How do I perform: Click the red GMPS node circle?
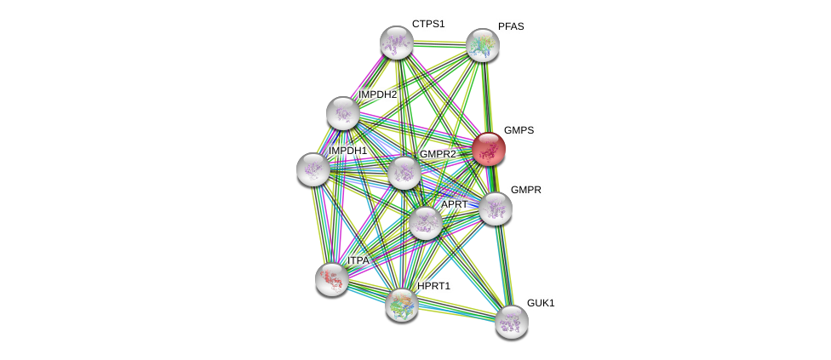click(x=489, y=149)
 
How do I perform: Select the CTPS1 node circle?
click(x=396, y=43)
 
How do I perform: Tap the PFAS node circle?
click(x=482, y=45)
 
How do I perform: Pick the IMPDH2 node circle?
click(x=343, y=113)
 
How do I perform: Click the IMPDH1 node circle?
click(x=313, y=169)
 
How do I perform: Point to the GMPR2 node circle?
click(x=404, y=173)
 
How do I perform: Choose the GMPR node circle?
click(x=495, y=209)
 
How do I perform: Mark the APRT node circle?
click(x=425, y=223)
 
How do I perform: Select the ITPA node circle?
click(x=331, y=278)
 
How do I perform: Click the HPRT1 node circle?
click(x=401, y=305)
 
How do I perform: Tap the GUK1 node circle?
click(x=511, y=322)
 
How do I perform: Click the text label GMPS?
click(x=519, y=130)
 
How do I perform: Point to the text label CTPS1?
click(x=428, y=24)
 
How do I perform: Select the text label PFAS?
click(x=511, y=26)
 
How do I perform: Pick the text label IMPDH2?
click(x=377, y=94)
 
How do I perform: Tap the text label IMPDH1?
click(x=347, y=151)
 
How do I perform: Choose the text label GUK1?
click(x=540, y=303)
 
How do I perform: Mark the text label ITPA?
click(x=358, y=260)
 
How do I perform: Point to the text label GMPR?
click(x=525, y=190)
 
